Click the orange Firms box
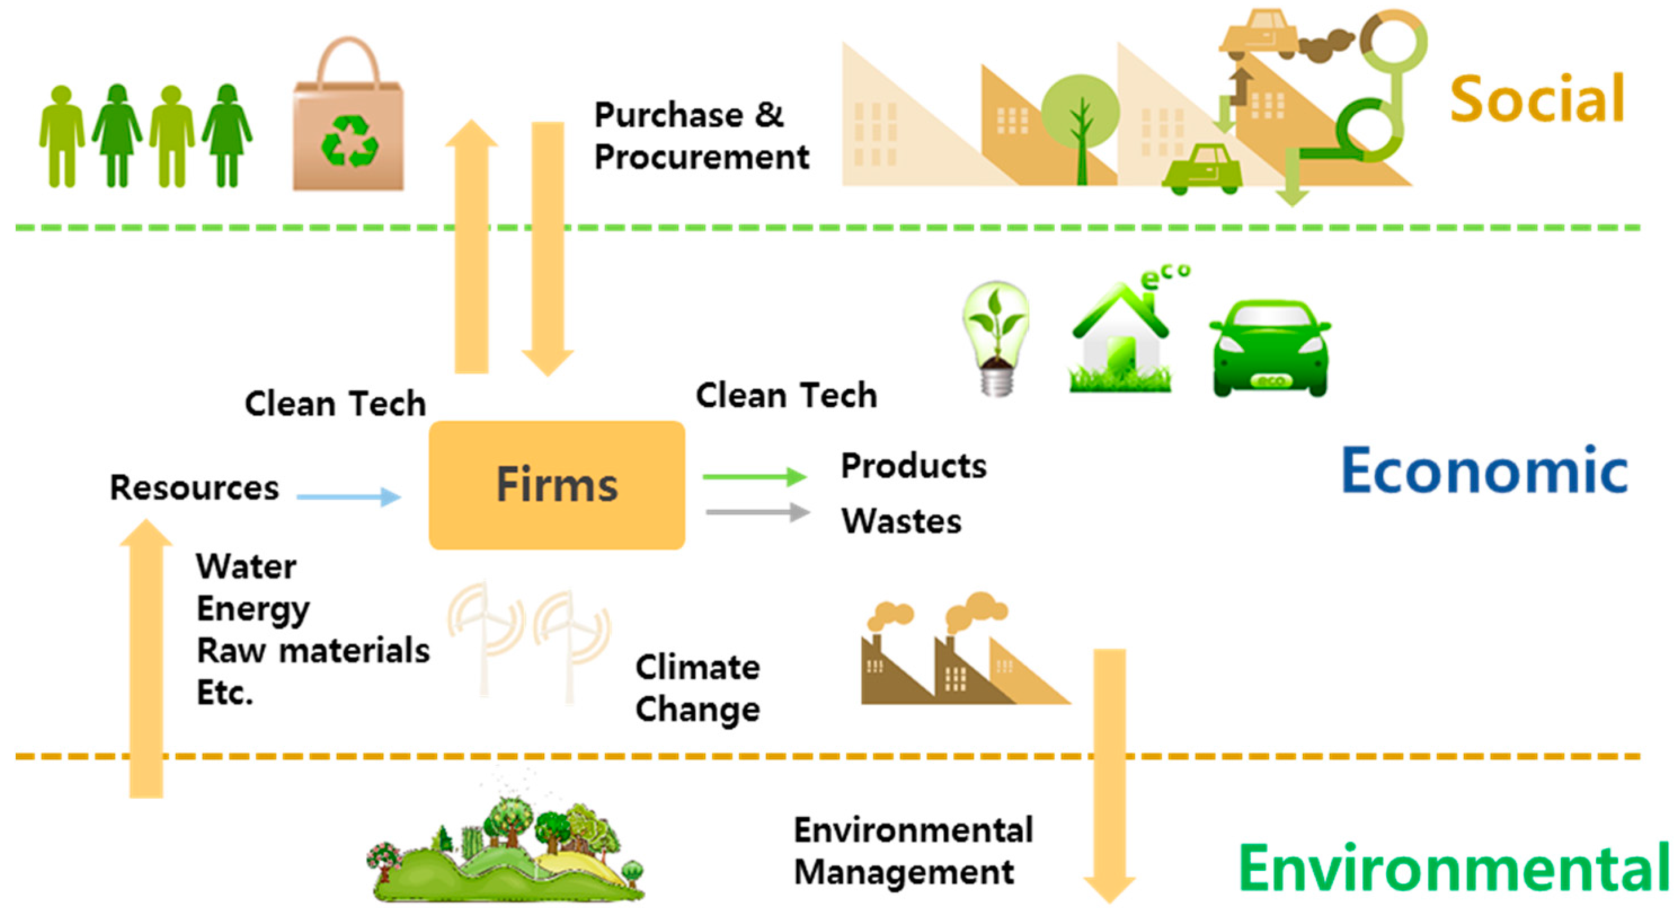point(556,484)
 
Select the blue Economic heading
point(1484,470)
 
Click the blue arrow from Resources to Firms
point(348,497)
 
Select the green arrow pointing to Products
point(754,477)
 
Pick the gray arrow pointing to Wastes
point(757,513)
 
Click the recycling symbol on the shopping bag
point(349,141)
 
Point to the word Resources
point(194,487)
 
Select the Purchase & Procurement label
point(700,136)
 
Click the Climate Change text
point(698,688)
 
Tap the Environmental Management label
point(912,851)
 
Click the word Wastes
point(901,521)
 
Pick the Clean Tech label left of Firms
point(335,403)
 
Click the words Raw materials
point(313,650)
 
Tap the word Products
point(913,466)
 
